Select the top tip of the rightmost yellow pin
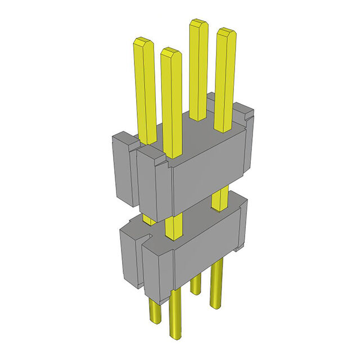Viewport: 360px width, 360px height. tap(226, 31)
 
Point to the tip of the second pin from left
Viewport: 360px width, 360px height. tap(171, 51)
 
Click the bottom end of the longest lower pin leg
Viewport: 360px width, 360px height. tap(175, 336)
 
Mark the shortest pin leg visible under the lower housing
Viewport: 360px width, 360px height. tap(195, 284)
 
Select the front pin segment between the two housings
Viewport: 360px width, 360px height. tap(175, 228)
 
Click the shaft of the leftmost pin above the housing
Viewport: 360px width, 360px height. tap(145, 90)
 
